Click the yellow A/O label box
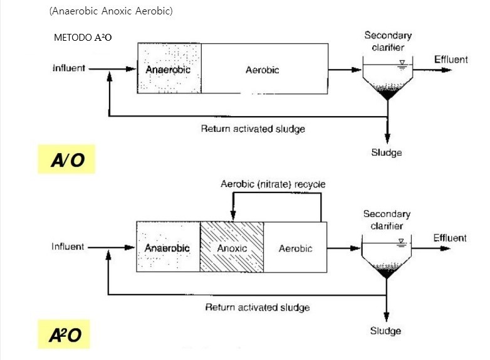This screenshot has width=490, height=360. point(66,161)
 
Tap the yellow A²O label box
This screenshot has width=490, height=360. point(66,335)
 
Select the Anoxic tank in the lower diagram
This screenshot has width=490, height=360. point(232,246)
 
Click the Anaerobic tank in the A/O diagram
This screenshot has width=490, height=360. point(169,69)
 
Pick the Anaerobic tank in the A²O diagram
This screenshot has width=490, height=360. point(167,246)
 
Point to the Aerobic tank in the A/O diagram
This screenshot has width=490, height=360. point(263,69)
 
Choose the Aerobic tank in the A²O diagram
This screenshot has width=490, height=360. point(295,246)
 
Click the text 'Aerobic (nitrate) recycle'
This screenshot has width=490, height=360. point(273,184)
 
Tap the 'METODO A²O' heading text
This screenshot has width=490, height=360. point(83,38)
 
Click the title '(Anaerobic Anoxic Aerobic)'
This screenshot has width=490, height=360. point(110,12)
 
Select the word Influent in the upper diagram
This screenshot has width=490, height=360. point(68,68)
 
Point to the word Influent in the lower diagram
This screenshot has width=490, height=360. point(68,246)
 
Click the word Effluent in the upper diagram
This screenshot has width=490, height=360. point(451,60)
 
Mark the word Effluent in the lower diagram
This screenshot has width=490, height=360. point(449,238)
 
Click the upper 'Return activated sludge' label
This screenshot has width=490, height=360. point(253,129)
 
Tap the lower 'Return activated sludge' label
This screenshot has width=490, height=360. point(258,307)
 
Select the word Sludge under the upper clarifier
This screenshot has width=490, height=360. point(386,152)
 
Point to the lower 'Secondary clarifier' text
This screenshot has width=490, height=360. point(387,220)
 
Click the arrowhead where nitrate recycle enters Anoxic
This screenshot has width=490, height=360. point(232,216)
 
